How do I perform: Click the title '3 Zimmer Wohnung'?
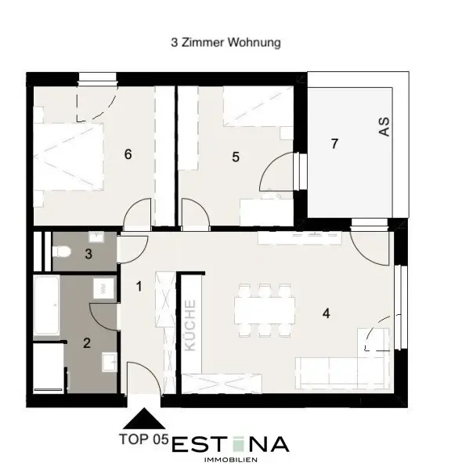[226, 42]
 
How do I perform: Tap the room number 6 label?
[128, 154]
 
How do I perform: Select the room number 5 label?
[236, 157]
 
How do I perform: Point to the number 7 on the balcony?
[334, 143]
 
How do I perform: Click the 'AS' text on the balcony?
[384, 127]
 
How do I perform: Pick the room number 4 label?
[327, 313]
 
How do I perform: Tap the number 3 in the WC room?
[88, 254]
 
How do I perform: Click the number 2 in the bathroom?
[87, 343]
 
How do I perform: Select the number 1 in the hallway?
[139, 287]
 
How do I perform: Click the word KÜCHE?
[190, 325]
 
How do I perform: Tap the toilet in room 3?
[61, 251]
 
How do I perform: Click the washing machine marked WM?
[103, 288]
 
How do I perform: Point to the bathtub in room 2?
[46, 305]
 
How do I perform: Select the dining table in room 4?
[265, 310]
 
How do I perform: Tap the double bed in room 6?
[68, 157]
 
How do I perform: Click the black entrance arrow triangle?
[144, 418]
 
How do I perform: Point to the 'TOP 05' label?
[144, 439]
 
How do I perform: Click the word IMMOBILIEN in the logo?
[230, 460]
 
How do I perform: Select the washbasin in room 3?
[96, 237]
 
